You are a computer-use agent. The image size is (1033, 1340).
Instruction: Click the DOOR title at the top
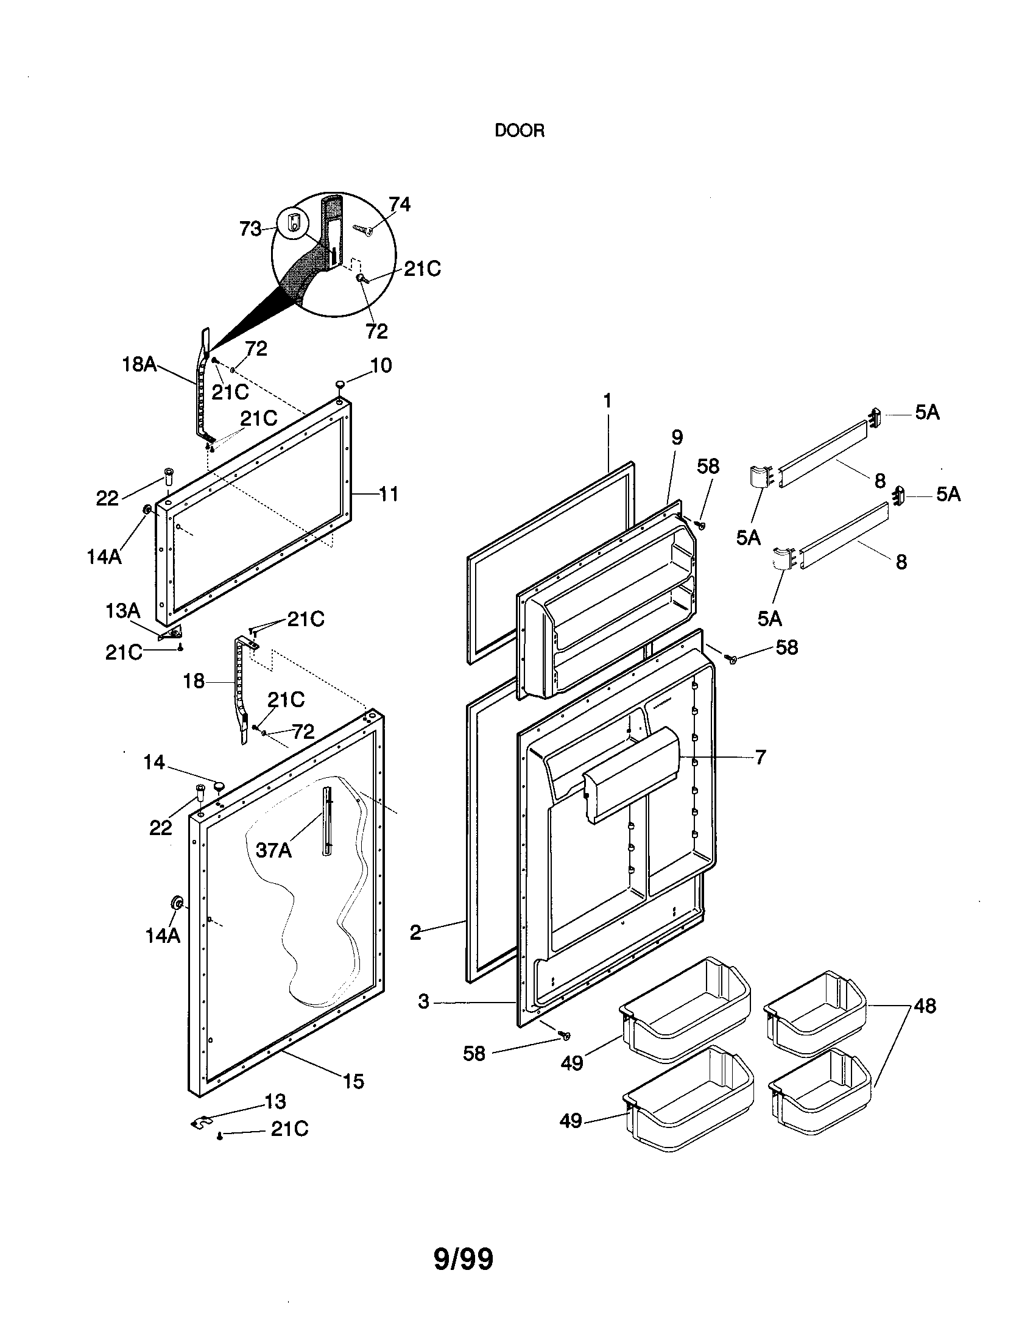(x=519, y=131)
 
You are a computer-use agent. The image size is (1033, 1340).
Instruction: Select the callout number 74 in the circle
(x=400, y=204)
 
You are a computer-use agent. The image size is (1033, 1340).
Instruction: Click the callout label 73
(x=250, y=230)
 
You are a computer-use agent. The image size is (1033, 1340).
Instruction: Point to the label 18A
(x=139, y=364)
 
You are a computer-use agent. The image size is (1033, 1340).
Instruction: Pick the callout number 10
(x=381, y=365)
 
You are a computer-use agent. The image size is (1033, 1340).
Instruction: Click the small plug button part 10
(x=340, y=385)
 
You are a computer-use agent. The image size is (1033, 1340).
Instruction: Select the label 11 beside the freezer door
(x=389, y=493)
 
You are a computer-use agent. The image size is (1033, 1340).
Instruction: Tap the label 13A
(x=122, y=610)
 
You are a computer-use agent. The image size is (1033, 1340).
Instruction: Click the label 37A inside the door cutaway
(x=273, y=850)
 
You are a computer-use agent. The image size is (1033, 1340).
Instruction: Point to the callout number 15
(x=353, y=1081)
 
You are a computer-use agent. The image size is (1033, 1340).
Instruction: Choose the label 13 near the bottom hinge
(x=275, y=1101)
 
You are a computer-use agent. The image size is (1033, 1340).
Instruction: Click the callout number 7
(x=760, y=758)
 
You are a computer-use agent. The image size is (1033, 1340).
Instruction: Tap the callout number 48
(x=925, y=1006)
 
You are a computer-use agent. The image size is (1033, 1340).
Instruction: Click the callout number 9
(x=677, y=437)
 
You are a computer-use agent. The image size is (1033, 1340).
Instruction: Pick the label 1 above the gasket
(x=607, y=401)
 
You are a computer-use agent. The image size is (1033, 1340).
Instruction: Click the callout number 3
(x=423, y=1002)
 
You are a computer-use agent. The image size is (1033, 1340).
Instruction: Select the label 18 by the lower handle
(x=194, y=681)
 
